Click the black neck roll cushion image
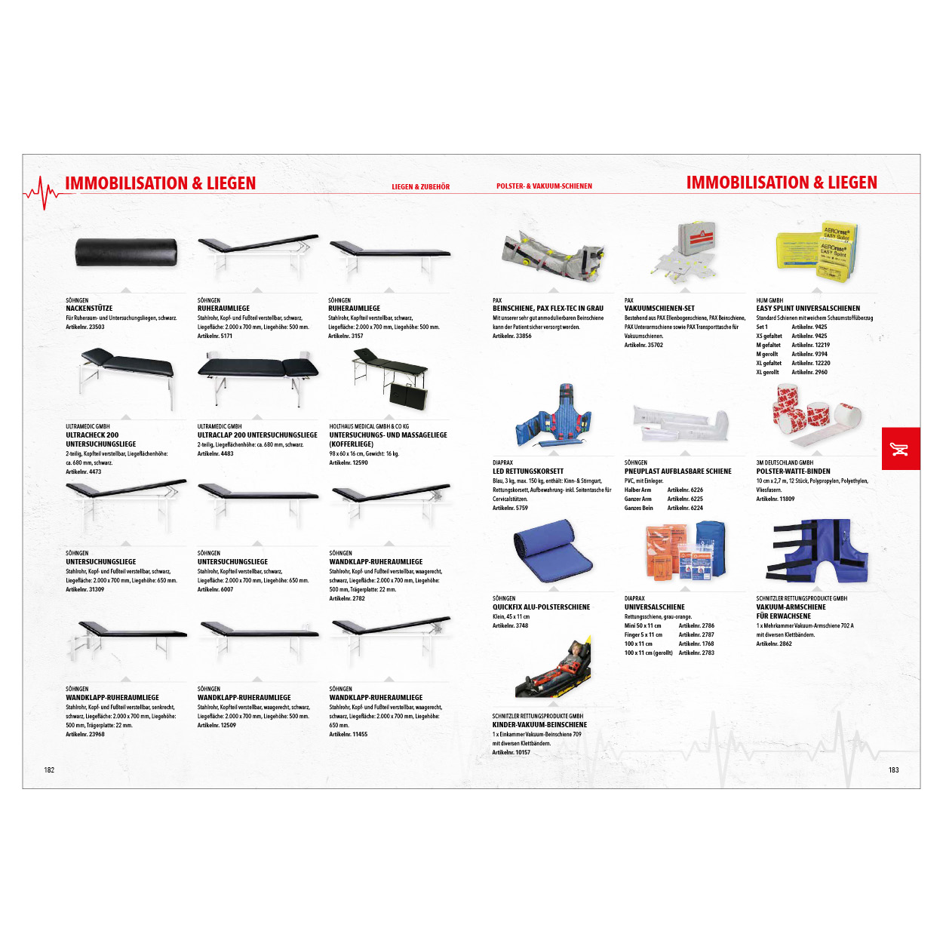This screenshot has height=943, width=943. [126, 252]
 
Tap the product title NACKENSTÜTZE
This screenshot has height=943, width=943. [89, 309]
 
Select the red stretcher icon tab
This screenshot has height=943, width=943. [900, 449]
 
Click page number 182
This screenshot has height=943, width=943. [49, 770]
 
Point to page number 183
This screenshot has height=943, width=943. [893, 770]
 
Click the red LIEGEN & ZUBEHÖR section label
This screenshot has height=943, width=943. [420, 187]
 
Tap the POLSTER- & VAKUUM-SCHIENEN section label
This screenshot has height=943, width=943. [544, 186]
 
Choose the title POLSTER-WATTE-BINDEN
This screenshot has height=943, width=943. [793, 471]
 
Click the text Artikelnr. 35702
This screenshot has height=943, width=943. [644, 346]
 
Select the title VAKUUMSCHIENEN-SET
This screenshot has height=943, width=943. [659, 309]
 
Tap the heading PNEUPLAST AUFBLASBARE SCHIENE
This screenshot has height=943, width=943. [677, 471]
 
